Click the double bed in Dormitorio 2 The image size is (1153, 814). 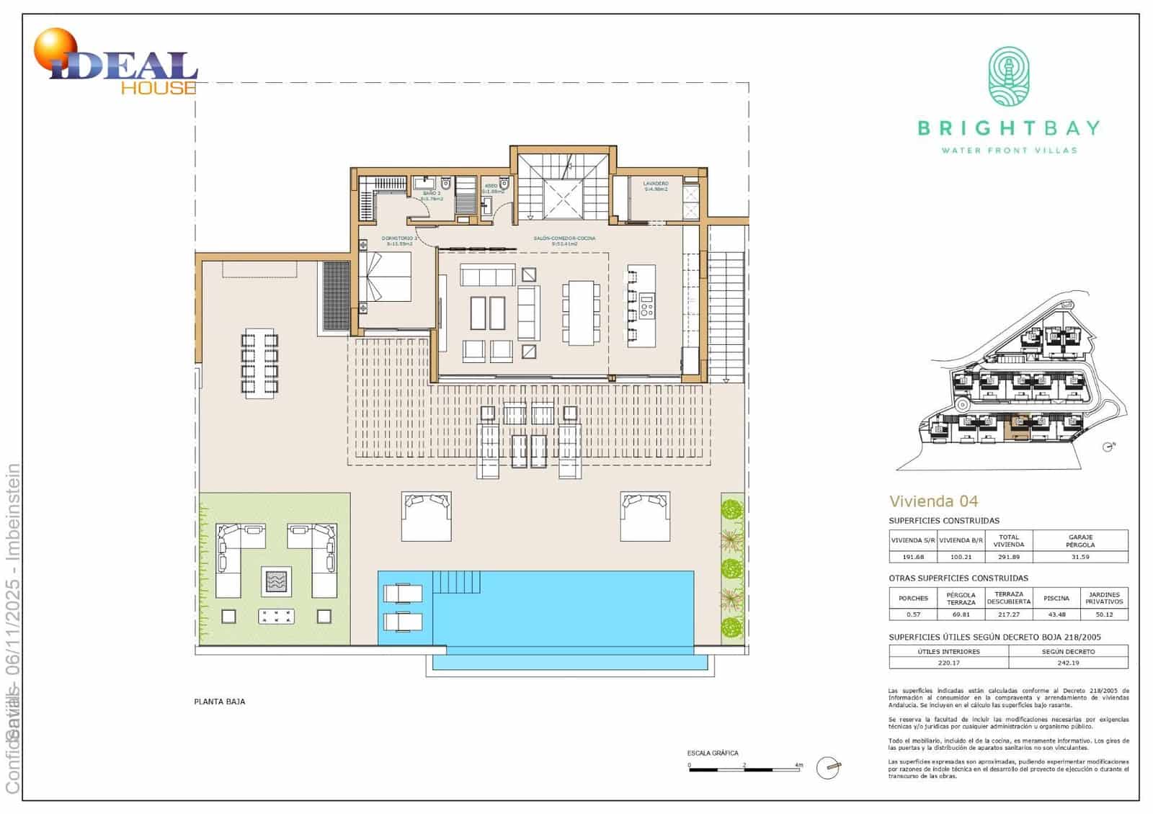click(x=386, y=277)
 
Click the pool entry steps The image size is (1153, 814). click(x=456, y=581)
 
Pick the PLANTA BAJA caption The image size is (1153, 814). click(x=220, y=702)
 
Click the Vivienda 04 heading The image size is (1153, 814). click(x=933, y=501)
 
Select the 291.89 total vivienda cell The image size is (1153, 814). click(x=1008, y=557)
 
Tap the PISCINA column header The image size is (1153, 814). click(x=1056, y=599)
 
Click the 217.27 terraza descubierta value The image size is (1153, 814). click(x=1008, y=614)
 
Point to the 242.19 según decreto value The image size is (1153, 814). click(x=1068, y=663)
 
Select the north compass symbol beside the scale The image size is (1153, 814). click(x=829, y=768)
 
